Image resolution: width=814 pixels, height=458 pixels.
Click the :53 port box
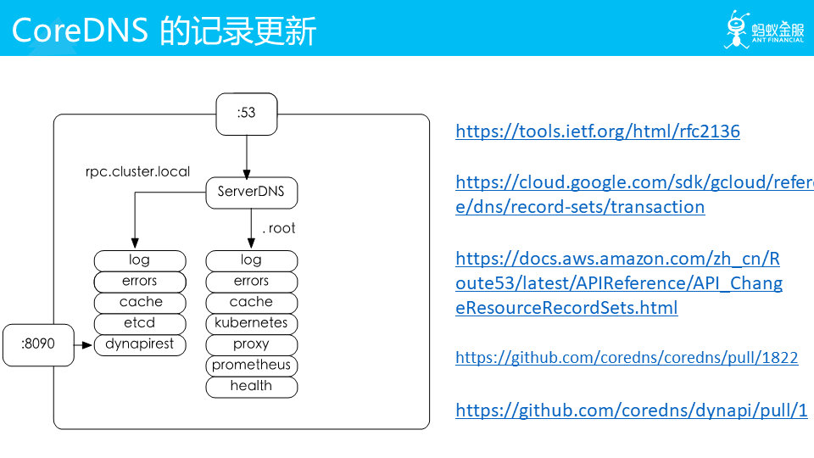point(247,114)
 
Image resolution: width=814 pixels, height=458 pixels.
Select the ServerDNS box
point(252,193)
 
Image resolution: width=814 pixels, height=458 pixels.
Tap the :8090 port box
point(38,345)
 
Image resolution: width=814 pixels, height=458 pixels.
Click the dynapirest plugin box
point(140,345)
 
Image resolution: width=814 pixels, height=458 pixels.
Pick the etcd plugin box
point(140,324)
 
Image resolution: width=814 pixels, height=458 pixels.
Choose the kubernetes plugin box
point(252,324)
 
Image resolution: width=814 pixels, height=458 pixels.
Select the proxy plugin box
point(252,345)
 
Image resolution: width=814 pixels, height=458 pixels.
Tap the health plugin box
point(252,388)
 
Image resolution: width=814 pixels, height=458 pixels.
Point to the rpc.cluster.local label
point(137,172)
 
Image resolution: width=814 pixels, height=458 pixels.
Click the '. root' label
point(279,228)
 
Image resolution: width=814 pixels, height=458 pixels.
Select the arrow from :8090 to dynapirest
point(84,345)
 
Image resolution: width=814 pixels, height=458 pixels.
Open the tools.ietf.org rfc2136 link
point(598,131)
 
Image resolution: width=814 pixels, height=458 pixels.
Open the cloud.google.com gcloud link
point(634,195)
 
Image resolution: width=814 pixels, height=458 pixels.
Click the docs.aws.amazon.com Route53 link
point(619,283)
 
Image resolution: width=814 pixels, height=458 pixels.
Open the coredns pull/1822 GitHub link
point(627,358)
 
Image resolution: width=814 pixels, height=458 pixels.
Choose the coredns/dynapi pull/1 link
point(631,411)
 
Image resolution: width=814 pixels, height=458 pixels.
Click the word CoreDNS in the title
point(80,31)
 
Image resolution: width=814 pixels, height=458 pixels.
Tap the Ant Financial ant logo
point(737,29)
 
